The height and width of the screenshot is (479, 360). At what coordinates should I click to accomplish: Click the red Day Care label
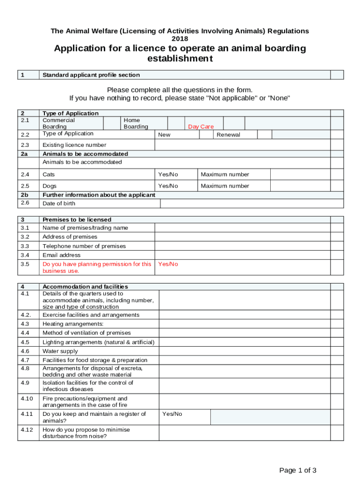[x=201, y=127]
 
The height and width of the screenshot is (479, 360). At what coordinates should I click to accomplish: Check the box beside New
[x=206, y=135]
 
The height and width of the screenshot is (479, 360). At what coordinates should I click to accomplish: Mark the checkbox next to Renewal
[x=264, y=135]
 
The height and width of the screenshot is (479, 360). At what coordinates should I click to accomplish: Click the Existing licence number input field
[x=242, y=145]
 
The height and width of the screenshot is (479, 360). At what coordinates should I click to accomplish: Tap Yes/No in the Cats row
[x=168, y=174]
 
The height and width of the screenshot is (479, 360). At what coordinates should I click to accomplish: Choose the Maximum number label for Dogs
[x=225, y=186]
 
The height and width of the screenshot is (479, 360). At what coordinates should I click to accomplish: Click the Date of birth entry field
[x=245, y=203]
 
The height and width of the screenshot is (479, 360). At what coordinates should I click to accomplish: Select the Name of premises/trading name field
[x=242, y=228]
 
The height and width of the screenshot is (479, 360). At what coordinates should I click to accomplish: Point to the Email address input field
[x=242, y=255]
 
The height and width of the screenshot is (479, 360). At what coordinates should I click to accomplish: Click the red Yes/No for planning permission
[x=168, y=264]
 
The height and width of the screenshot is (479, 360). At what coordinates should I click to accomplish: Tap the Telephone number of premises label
[x=84, y=246]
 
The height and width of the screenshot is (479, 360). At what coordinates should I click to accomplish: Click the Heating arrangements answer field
[x=245, y=324]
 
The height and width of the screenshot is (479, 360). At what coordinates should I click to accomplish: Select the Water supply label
[x=60, y=351]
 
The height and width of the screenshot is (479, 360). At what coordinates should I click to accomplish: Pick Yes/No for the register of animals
[x=172, y=414]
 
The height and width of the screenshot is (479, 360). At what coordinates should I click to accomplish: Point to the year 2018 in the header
[x=180, y=38]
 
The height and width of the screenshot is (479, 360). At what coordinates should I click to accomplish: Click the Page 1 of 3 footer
[x=298, y=470]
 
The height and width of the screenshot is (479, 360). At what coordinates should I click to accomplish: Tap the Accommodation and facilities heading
[x=85, y=286]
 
